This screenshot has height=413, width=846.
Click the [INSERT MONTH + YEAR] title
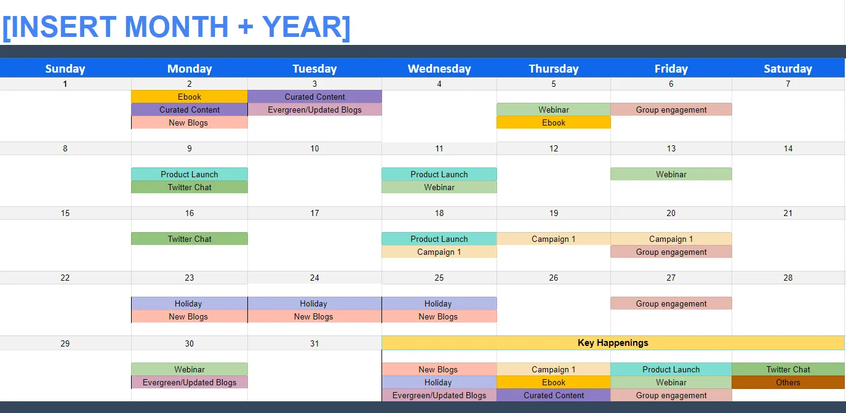click(x=177, y=27)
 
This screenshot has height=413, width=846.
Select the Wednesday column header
click(x=439, y=68)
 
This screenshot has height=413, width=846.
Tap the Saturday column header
click(x=788, y=68)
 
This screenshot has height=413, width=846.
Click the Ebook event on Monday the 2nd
click(x=190, y=97)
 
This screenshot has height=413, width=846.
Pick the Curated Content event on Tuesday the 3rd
click(x=314, y=97)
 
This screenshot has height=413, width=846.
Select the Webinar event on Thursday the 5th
click(x=554, y=110)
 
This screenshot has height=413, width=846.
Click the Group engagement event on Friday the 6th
click(x=671, y=110)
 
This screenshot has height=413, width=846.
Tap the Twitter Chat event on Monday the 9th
click(x=190, y=187)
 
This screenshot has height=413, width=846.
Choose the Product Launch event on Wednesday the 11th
click(x=439, y=174)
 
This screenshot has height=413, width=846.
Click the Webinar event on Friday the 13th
click(x=671, y=174)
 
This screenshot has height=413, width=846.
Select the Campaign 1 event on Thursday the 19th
click(x=554, y=239)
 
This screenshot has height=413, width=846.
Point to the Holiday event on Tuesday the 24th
click(x=314, y=303)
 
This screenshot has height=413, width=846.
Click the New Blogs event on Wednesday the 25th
click(x=439, y=316)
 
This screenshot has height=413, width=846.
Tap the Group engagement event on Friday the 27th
click(x=671, y=303)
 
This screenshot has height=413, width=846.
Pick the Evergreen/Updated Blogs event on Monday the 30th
click(x=190, y=382)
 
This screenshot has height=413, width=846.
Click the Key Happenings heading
click(x=613, y=343)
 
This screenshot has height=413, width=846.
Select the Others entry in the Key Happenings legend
click(x=788, y=382)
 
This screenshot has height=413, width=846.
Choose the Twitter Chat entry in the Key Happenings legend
click(x=788, y=369)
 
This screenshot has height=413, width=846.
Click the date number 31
click(x=314, y=343)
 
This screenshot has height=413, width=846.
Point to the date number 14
click(x=788, y=148)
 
